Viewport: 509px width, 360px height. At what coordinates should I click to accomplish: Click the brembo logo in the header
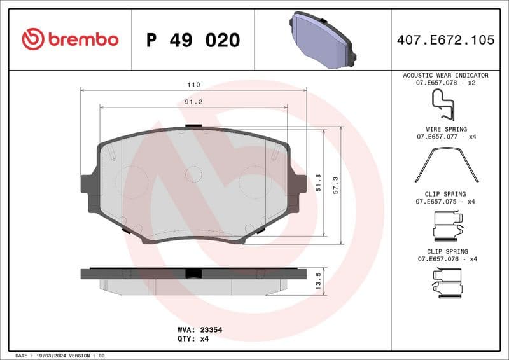click(70, 39)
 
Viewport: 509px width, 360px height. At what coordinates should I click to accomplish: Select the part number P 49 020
click(193, 40)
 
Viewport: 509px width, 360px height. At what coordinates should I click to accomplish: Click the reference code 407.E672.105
click(445, 40)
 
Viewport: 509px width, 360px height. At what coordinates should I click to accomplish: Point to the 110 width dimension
click(193, 85)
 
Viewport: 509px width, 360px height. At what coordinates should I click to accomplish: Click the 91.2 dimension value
click(193, 102)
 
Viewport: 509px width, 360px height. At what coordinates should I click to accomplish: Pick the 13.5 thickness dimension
click(319, 280)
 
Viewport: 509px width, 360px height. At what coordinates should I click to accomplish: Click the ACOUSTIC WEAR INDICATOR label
click(445, 75)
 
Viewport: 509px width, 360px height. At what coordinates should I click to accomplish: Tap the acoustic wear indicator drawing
click(443, 104)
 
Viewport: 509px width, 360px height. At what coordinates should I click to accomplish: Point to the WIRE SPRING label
click(445, 129)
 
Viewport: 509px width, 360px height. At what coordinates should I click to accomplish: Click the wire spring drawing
click(445, 164)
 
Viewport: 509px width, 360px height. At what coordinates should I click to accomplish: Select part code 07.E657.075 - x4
click(445, 201)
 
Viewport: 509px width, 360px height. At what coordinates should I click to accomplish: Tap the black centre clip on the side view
click(193, 273)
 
